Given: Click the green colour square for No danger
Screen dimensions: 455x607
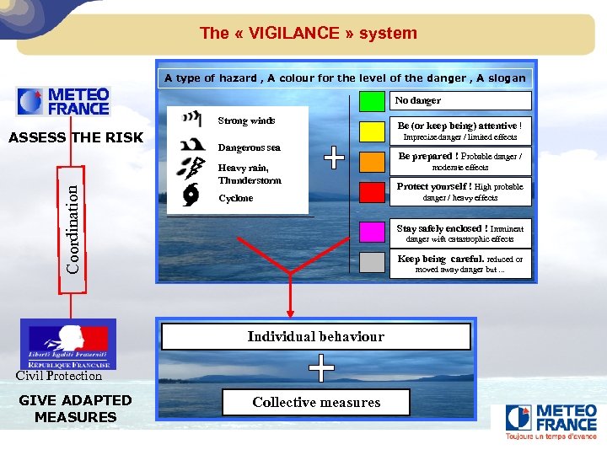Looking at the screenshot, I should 372,101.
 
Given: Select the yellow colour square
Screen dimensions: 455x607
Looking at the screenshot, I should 372,131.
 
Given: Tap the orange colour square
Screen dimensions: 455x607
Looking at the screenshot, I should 372,161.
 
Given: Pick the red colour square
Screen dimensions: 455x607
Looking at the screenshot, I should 372,192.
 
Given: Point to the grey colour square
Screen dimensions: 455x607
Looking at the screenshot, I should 372,263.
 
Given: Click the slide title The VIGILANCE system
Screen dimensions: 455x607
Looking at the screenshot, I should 308,34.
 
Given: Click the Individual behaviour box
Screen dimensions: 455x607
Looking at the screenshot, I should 315,337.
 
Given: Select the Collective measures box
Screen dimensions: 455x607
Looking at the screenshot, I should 316,403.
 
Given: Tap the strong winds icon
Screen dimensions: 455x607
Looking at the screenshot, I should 193,118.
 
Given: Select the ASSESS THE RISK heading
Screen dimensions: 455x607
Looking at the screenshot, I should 76,138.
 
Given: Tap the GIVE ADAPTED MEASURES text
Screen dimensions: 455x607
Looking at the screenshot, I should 75,409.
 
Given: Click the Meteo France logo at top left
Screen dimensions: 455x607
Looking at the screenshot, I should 65,102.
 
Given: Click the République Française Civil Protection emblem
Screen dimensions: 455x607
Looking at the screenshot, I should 70,344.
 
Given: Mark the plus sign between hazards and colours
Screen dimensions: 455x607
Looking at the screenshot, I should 335,157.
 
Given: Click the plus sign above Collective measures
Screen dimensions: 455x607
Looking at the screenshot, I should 320,368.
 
